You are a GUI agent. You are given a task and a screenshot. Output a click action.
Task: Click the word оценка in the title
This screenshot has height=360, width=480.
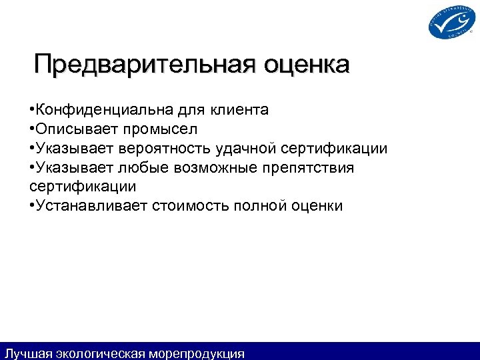(306, 65)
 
